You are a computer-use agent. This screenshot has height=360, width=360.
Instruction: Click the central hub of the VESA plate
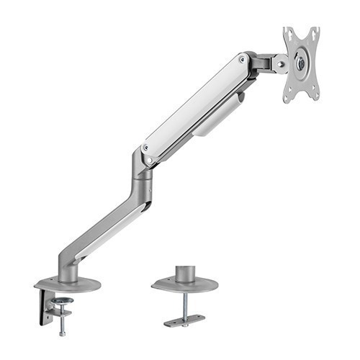pos(301,63)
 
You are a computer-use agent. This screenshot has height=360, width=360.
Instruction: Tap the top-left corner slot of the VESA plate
pos(287,32)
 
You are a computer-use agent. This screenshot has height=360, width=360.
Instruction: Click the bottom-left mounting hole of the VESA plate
pos(288,95)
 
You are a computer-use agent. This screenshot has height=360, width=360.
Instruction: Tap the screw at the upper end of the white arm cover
pos(242,60)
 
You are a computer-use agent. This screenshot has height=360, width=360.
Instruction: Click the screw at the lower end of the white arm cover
pos(147,147)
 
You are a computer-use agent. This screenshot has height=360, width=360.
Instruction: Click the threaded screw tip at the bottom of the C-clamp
pos(63,333)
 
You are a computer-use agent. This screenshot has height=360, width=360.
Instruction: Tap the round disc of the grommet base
pos(184,286)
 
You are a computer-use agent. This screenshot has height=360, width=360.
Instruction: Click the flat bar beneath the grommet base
pos(184,320)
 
